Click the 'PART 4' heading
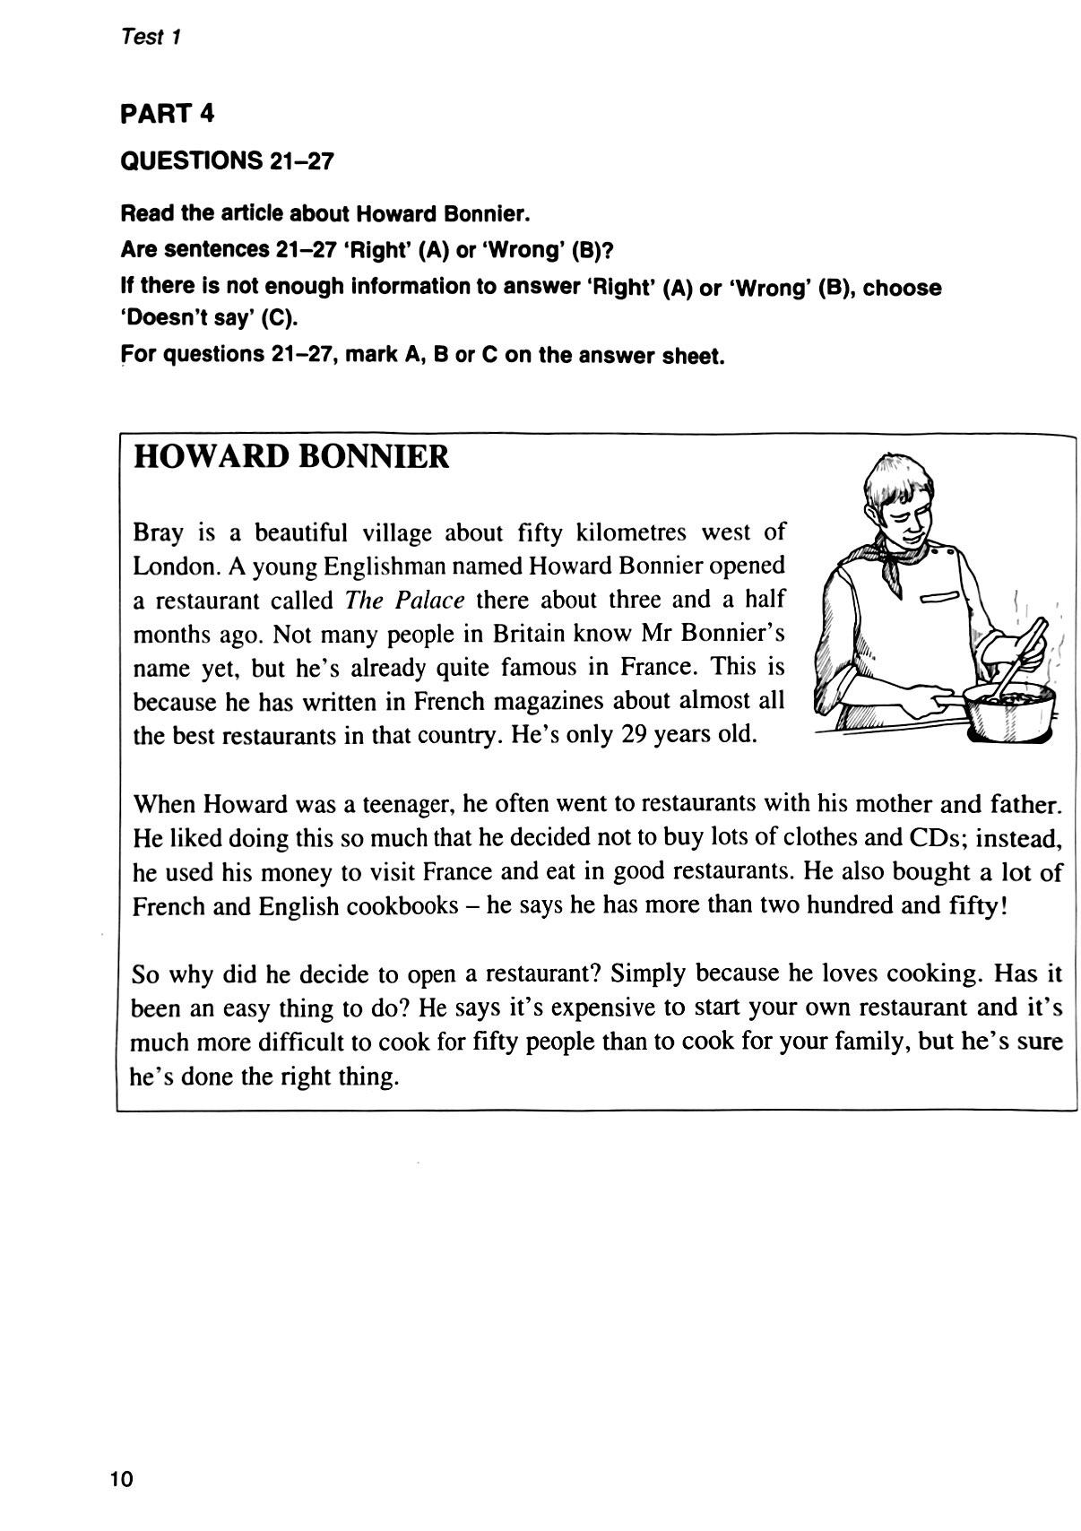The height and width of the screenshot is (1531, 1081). click(x=168, y=114)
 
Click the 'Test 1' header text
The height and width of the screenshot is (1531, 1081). click(x=151, y=38)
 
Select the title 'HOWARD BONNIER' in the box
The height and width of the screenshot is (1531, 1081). click(x=290, y=457)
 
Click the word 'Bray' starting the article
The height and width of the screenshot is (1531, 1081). click(x=158, y=532)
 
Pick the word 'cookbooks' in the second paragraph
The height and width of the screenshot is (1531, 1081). click(x=403, y=905)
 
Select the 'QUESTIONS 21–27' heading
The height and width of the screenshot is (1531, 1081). click(x=227, y=161)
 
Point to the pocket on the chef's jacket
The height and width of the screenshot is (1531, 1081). click(x=941, y=597)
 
